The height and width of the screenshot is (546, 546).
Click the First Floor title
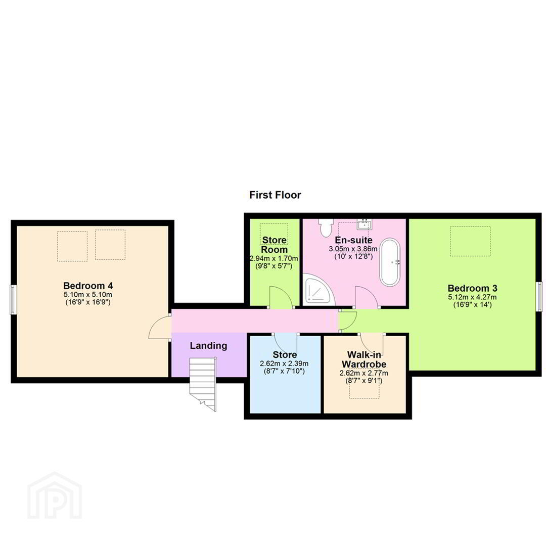275,195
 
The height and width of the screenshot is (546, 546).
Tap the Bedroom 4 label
88,286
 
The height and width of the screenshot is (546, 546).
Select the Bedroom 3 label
473,288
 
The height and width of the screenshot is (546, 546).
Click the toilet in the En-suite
326,227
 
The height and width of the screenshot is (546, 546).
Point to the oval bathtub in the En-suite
390,262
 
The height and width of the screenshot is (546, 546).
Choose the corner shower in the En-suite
318,290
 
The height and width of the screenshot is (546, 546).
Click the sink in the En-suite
365,224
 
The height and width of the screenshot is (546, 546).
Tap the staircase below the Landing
203,383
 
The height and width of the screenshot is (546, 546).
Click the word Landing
209,346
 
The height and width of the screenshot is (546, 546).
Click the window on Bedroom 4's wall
13,299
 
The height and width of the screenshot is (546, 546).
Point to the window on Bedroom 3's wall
539,296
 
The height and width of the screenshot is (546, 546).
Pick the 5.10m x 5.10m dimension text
88,295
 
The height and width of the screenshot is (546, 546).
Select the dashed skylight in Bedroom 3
470,241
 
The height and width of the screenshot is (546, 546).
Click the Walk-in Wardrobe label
364,360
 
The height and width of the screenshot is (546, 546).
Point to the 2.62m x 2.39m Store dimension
284,364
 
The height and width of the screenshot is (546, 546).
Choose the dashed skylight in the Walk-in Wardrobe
364,389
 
